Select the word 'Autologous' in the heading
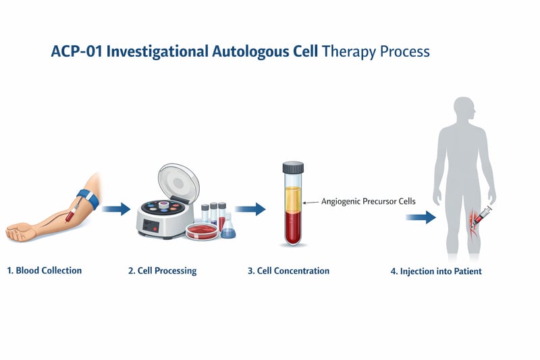[x=259, y=51]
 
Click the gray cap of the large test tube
[x=293, y=167]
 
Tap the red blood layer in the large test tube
[x=293, y=230]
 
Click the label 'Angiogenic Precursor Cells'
[x=360, y=201]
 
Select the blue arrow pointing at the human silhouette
[x=420, y=217]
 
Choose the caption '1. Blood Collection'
[x=44, y=270]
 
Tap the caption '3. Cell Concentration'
[x=288, y=270]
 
